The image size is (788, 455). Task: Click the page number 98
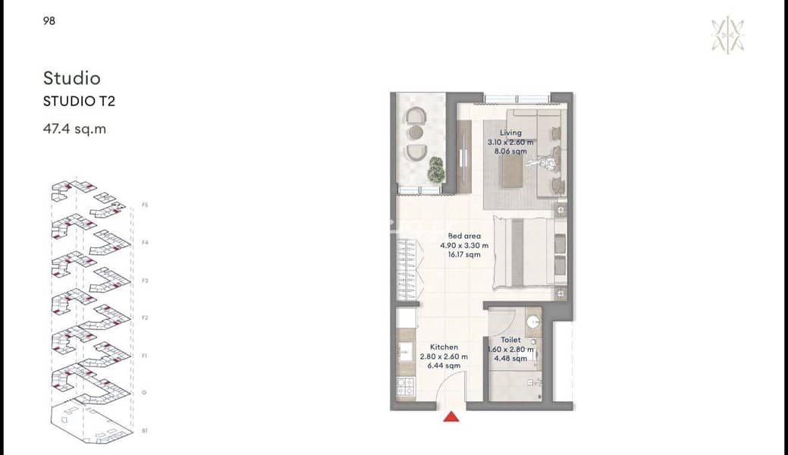click(x=49, y=20)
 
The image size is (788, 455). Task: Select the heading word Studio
click(x=72, y=78)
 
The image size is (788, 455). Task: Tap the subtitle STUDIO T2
click(x=79, y=101)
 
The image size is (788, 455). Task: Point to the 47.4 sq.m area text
click(x=74, y=129)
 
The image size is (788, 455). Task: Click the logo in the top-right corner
click(x=727, y=35)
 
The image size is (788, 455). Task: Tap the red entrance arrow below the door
click(x=451, y=416)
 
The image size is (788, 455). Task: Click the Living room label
click(x=510, y=133)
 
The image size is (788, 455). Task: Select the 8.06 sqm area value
click(x=510, y=151)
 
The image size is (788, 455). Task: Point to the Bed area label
click(x=464, y=236)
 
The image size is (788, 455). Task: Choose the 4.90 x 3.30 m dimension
click(x=464, y=246)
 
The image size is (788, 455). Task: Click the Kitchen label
click(x=444, y=347)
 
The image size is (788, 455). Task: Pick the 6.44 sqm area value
click(x=444, y=366)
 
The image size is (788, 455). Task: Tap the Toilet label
click(x=510, y=340)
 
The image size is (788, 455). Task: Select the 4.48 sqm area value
click(x=510, y=359)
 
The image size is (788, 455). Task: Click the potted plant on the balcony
click(x=435, y=169)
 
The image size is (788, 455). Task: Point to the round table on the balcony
click(x=416, y=132)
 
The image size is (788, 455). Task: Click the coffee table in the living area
click(x=513, y=174)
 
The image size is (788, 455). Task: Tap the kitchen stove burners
click(x=406, y=387)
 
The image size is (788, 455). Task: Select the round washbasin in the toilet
click(x=532, y=322)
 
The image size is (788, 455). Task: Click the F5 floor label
click(x=145, y=205)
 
